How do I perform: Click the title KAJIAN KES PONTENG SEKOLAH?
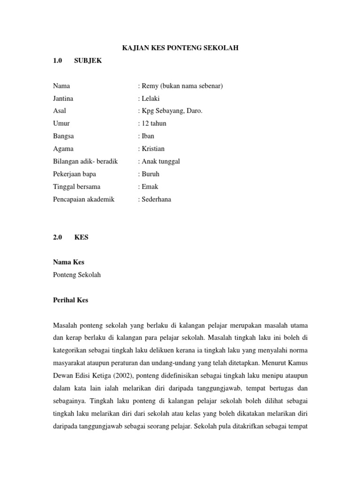tap(180, 48)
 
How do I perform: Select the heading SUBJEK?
tap(88, 61)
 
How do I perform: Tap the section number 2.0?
tap(58, 237)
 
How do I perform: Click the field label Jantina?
tap(63, 98)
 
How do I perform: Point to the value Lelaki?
tap(150, 98)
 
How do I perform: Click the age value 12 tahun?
tap(153, 123)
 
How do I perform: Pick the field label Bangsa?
tap(63, 136)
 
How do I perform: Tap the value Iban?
tap(147, 136)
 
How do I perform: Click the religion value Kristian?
tap(152, 149)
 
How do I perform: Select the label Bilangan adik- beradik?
tap(86, 161)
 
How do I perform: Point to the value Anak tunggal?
tap(160, 161)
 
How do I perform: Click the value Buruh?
tap(150, 174)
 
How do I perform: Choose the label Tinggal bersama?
tap(77, 186)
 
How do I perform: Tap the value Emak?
tap(149, 186)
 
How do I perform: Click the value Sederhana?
tap(156, 199)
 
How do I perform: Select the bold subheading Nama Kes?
tap(69, 262)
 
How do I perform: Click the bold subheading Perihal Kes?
tap(71, 300)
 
